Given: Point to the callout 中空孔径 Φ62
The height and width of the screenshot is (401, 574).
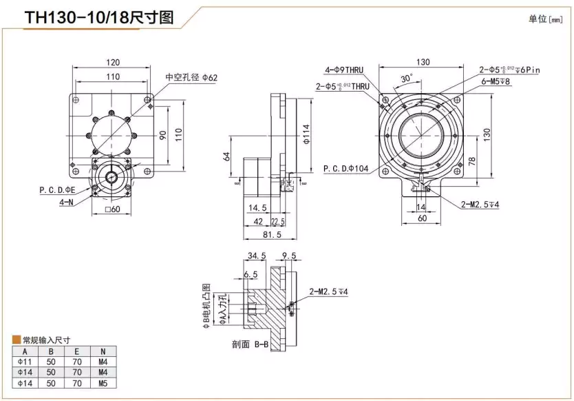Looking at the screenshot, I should point(191,78).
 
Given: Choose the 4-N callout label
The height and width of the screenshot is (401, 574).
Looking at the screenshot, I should point(67,202).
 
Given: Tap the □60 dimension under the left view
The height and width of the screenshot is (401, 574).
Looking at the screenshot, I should point(111,209).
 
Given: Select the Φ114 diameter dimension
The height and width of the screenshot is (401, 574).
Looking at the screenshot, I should point(306,133).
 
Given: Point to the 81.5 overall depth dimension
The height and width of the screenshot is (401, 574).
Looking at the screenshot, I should point(270,235).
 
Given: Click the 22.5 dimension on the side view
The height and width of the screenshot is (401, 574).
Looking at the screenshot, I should point(278,221).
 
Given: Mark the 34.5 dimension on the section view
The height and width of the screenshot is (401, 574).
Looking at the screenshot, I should point(256,256).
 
